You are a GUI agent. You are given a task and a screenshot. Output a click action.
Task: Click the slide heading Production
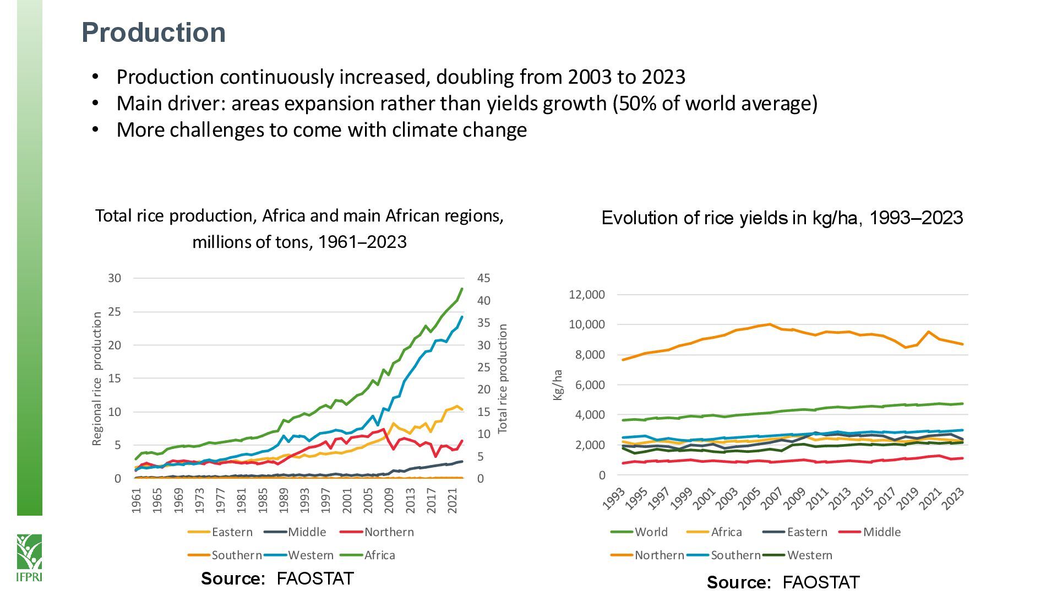[x=154, y=33]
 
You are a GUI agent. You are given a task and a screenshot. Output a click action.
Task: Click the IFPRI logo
[x=29, y=557]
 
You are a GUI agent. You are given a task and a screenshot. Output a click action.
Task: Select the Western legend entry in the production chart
[x=310, y=555]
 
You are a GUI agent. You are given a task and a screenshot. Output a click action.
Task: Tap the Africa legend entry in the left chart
[x=379, y=555]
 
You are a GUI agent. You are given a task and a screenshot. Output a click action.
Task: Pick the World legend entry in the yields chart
[x=651, y=532]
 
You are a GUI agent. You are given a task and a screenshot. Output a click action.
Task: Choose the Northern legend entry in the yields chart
[x=659, y=555]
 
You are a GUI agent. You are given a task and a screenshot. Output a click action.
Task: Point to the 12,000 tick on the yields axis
[x=586, y=295]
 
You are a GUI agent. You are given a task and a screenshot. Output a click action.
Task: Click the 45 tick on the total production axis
[x=483, y=278]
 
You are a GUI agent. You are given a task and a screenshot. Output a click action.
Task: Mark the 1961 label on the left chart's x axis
[x=137, y=500]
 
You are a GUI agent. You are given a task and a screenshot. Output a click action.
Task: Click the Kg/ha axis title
[x=558, y=385]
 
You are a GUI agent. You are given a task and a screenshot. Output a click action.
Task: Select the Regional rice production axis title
[x=97, y=378]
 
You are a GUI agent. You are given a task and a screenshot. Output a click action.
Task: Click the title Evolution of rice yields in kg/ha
[x=782, y=218]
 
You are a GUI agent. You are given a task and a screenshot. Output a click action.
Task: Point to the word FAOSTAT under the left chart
[x=315, y=578]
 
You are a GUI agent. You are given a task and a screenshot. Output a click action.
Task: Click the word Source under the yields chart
[x=738, y=582]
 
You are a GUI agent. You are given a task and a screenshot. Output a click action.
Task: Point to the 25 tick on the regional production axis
[x=114, y=312]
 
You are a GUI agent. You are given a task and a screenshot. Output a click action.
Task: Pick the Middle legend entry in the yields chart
[x=881, y=532]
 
